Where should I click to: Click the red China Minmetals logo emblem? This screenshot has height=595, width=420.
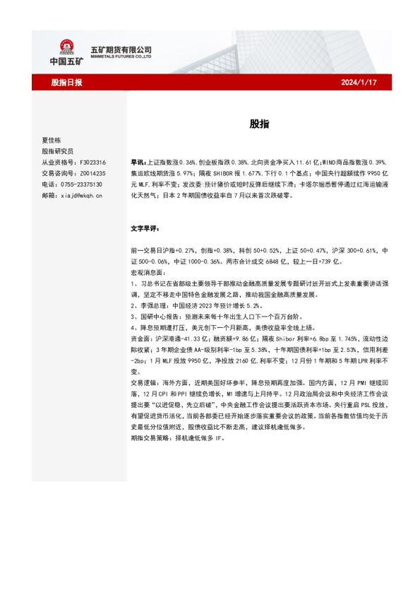tap(67, 47)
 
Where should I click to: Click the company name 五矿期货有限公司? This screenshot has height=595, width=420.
tap(121, 49)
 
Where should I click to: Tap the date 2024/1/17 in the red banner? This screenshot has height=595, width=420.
tap(359, 83)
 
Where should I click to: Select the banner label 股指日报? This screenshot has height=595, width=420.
tap(67, 83)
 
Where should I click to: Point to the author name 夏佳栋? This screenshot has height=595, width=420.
tap(52, 141)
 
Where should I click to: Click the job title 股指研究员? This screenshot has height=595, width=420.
tap(57, 151)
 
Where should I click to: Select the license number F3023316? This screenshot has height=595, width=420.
tap(90, 162)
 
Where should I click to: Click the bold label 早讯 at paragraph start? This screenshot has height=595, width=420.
tap(138, 162)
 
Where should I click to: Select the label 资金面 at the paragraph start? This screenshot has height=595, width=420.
tap(141, 338)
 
